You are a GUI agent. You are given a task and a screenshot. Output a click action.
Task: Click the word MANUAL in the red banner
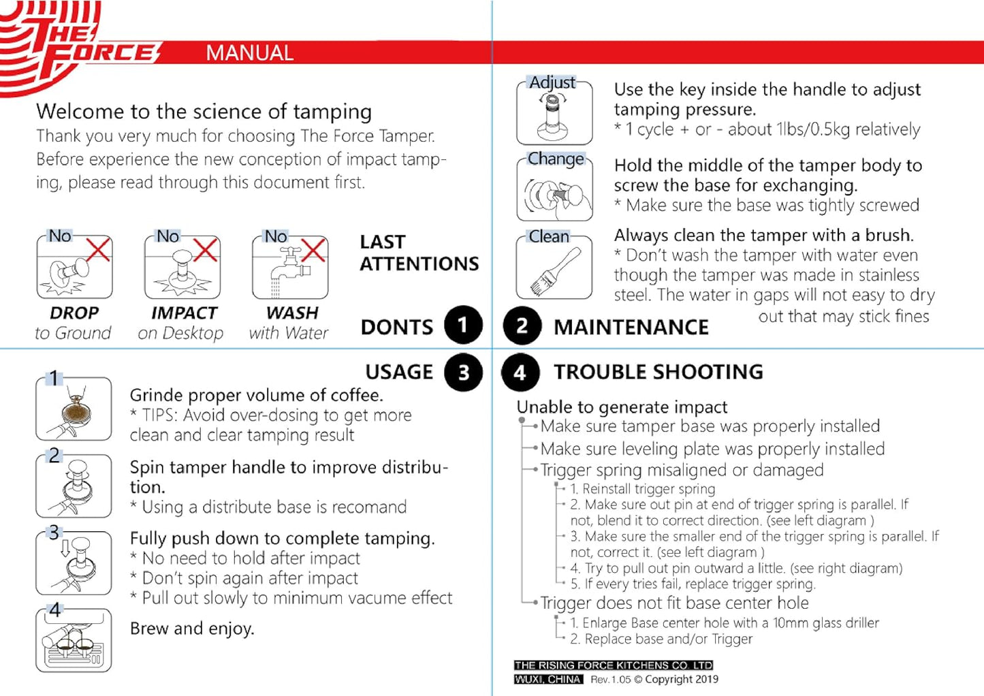[249, 53]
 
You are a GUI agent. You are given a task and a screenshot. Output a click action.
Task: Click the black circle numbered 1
[463, 326]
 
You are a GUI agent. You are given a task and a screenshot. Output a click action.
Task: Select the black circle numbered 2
[522, 326]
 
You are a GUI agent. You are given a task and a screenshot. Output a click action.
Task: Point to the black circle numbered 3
[463, 373]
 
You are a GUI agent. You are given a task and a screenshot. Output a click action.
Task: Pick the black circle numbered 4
[520, 373]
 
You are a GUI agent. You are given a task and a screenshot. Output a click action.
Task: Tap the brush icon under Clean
[554, 271]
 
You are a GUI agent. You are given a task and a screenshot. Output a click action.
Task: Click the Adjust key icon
[554, 116]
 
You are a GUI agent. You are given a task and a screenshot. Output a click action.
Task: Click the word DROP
[74, 313]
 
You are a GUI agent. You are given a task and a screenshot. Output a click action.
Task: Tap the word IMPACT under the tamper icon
[184, 313]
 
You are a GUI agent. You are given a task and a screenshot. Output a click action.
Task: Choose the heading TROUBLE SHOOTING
[658, 372]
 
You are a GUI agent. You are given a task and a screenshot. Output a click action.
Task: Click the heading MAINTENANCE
[631, 327]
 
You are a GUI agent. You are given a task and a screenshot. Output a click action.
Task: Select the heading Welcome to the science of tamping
[204, 111]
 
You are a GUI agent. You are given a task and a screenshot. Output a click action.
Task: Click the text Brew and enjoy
[192, 628]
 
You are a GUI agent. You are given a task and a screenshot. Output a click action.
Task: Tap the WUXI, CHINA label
[548, 680]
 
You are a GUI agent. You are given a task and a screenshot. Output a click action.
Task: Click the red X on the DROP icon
[98, 249]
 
